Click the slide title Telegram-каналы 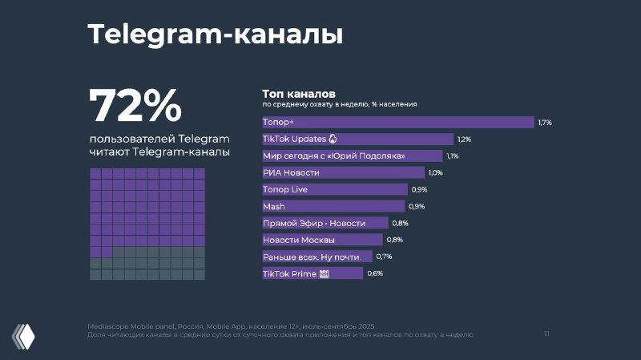215,35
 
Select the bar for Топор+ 397,122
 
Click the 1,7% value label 545,123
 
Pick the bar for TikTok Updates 357,139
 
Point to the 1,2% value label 464,140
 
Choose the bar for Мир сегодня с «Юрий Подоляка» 352,156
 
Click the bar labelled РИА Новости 343,172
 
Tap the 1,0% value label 435,173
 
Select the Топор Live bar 335,189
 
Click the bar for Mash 335,206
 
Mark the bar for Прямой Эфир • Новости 325,223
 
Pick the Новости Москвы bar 322,240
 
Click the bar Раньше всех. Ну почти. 317,257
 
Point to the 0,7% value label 384,257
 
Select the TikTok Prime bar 312,273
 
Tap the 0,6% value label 375,274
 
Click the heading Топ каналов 298,93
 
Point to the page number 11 546,334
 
